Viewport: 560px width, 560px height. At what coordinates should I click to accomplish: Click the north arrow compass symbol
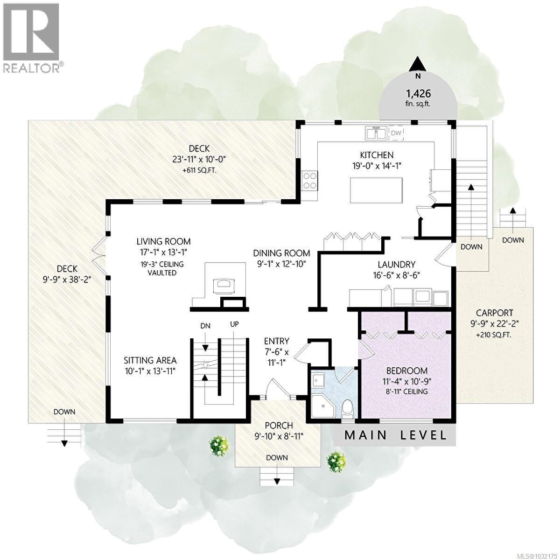[x=418, y=64]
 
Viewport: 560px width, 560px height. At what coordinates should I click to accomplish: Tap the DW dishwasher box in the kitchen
[x=396, y=134]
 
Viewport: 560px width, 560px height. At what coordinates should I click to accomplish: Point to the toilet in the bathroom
[x=347, y=409]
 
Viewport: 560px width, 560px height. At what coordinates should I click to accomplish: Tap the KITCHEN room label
[x=376, y=155]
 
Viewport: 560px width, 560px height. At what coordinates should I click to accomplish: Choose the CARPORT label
[x=494, y=313]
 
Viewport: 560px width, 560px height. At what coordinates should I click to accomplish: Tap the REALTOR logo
[x=31, y=38]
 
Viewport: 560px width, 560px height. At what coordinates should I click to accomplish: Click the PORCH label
[x=279, y=426]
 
